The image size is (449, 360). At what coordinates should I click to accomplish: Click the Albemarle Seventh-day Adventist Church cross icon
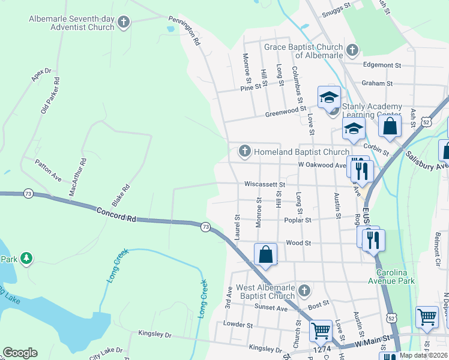point(124,23)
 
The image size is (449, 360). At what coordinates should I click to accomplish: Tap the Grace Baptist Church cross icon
point(352,50)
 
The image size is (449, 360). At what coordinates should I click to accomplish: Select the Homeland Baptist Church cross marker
point(244,152)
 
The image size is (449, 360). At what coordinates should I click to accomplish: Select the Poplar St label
point(299,220)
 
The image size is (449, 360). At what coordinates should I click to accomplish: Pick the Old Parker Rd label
point(50,95)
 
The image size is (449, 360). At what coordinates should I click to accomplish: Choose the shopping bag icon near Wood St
point(265,254)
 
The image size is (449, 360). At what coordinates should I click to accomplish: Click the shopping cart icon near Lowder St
point(321,330)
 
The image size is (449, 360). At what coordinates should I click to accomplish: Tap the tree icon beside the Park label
point(25,258)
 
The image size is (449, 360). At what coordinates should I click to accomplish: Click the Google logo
point(20,353)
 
